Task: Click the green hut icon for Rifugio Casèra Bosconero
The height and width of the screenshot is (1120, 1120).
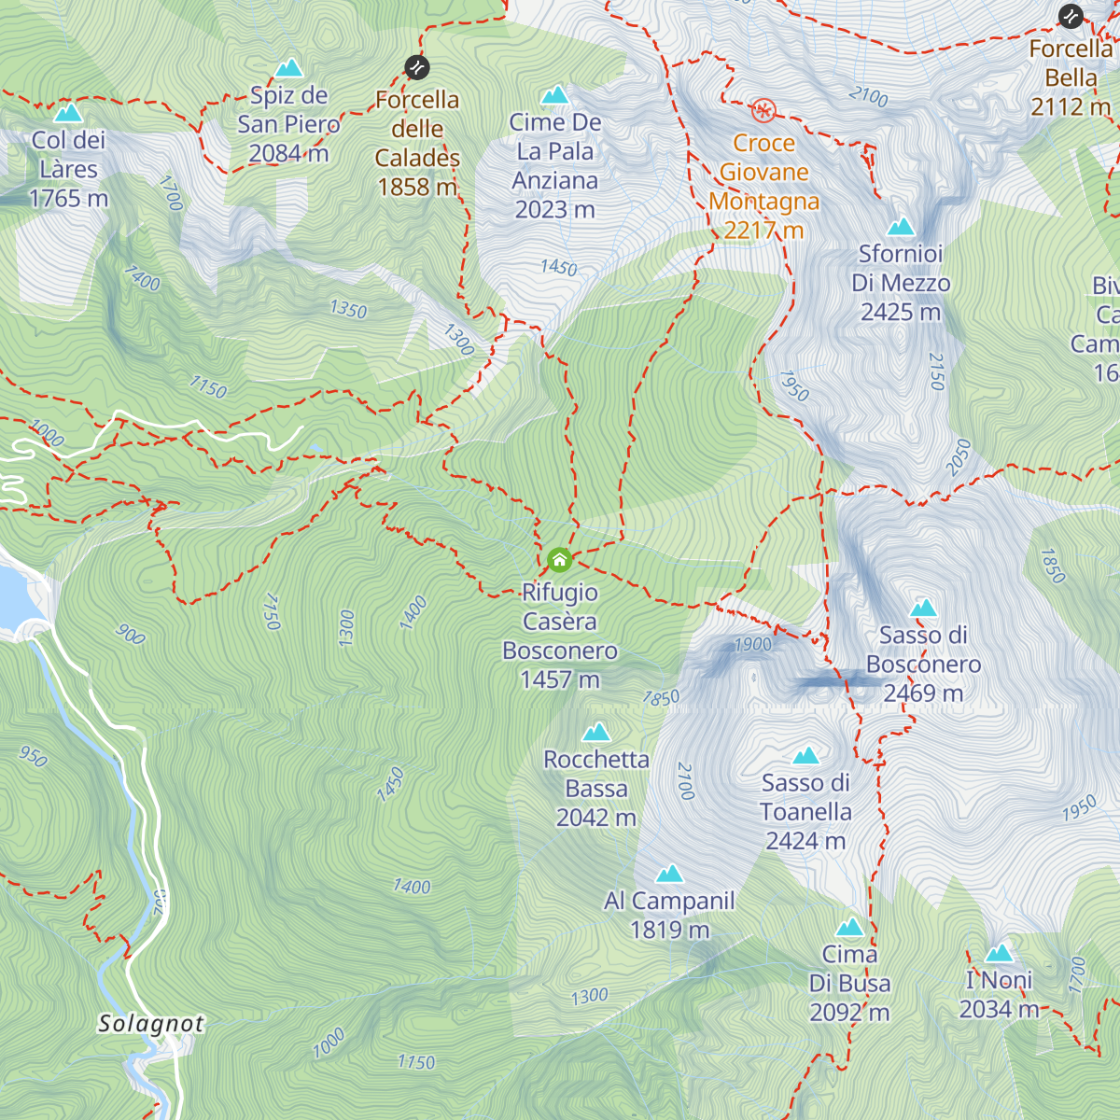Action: (559, 560)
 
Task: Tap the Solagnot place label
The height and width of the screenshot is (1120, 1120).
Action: (151, 1024)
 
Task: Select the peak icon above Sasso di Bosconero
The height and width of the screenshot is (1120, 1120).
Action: (923, 609)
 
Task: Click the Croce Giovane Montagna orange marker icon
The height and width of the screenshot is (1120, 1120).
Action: (763, 111)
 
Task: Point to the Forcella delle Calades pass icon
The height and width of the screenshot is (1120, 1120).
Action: (417, 67)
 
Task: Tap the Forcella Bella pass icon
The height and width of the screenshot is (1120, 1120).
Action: (1071, 16)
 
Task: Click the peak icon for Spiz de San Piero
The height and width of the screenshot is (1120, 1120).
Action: (289, 68)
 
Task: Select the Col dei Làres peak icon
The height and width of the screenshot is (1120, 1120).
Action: (68, 114)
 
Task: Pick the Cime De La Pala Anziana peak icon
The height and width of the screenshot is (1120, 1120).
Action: (555, 95)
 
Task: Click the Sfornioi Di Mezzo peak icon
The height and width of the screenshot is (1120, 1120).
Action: (901, 227)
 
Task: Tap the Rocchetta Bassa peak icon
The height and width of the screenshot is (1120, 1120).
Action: (596, 733)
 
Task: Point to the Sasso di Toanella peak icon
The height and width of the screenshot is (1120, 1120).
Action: (805, 756)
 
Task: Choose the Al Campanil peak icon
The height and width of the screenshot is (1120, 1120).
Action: (669, 875)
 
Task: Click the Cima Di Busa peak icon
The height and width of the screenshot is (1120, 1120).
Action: (849, 928)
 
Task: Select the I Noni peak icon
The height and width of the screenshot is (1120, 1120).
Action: (999, 954)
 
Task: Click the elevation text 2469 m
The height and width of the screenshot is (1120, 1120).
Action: (923, 693)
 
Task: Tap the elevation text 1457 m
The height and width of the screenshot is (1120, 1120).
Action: (560, 679)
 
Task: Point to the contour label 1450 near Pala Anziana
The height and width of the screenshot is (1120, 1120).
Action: (559, 268)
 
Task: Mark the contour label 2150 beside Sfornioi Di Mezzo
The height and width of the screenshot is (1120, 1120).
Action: (937, 371)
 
